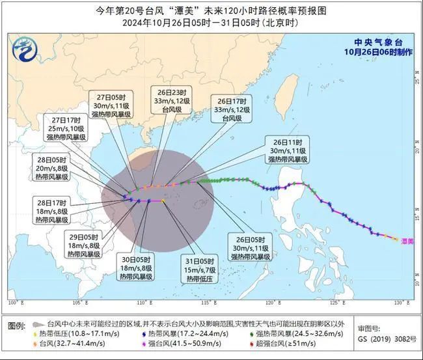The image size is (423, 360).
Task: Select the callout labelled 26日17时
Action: tap(232, 111)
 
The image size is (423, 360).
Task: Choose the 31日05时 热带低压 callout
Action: tap(200, 270)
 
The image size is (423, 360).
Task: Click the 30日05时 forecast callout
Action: tap(135, 267)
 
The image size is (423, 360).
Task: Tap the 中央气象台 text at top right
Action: tap(377, 40)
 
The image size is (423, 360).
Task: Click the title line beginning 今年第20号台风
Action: tap(211, 11)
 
